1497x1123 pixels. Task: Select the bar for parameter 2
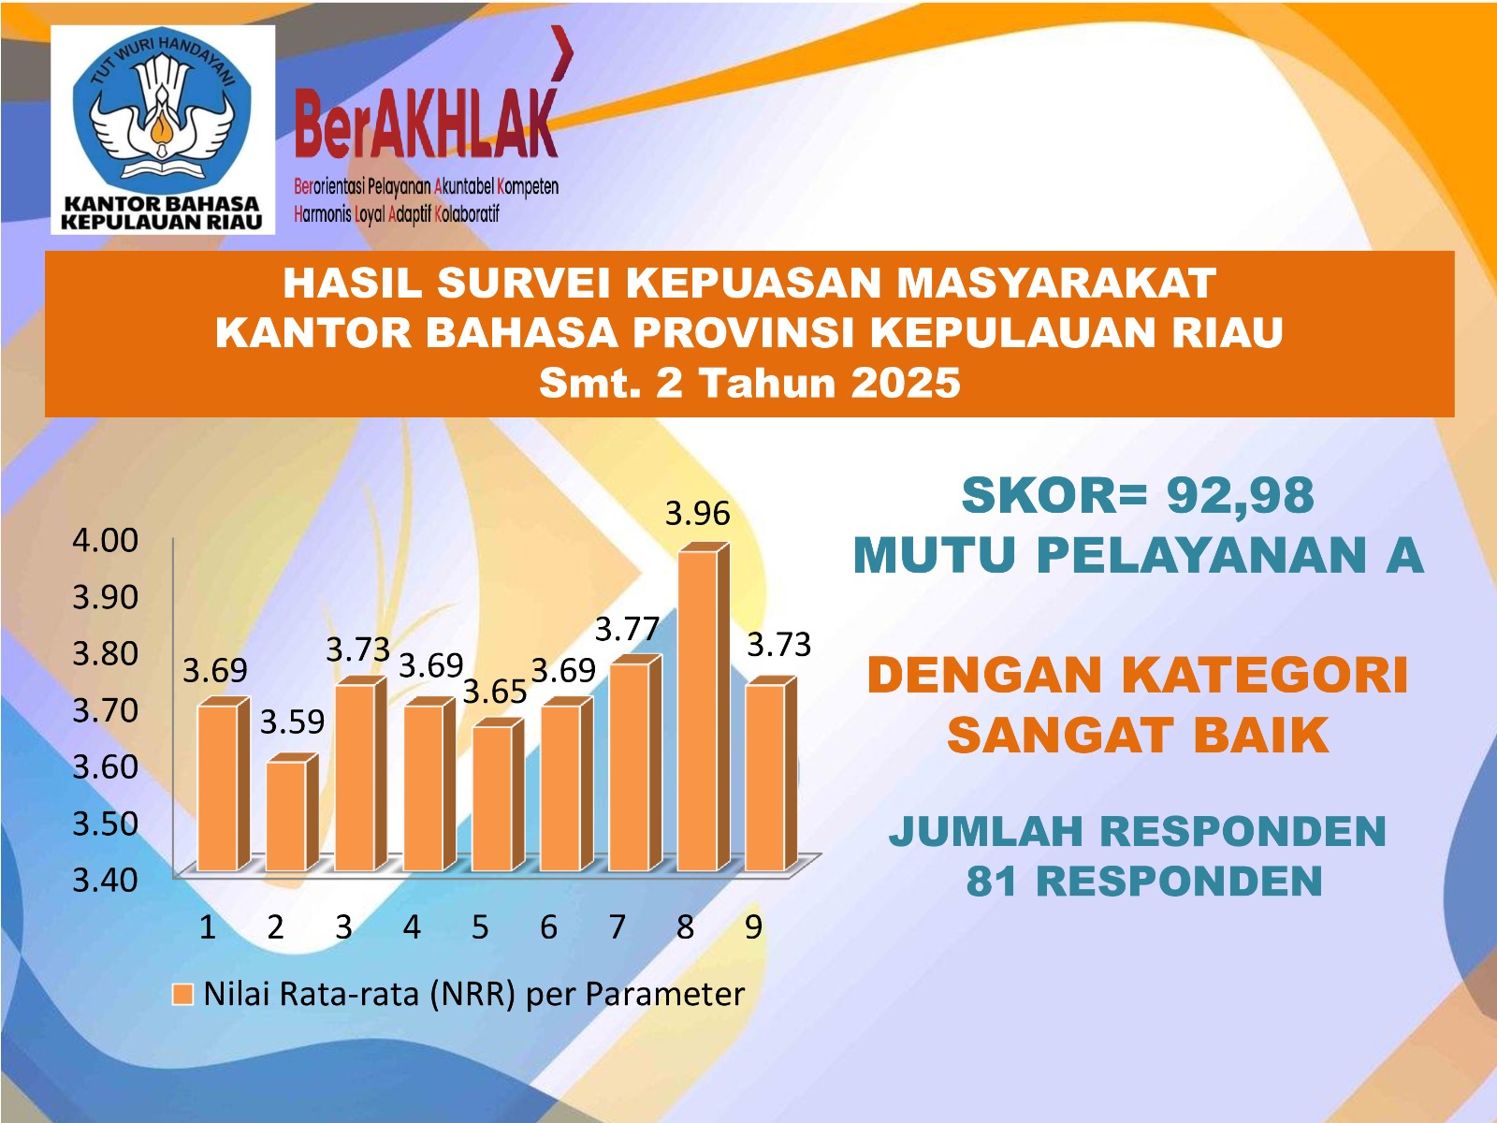pyautogui.click(x=292, y=812)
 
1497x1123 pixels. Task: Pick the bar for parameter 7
pyautogui.click(x=635, y=763)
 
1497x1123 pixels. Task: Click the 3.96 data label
pyautogui.click(x=698, y=514)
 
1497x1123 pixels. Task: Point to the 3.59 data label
pyautogui.click(x=293, y=722)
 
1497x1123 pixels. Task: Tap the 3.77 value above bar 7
pyautogui.click(x=628, y=629)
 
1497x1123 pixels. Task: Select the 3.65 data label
pyautogui.click(x=495, y=693)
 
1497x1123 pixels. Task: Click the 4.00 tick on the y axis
pyautogui.click(x=106, y=540)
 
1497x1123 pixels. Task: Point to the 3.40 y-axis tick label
pyautogui.click(x=106, y=881)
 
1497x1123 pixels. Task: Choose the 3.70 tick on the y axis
pyautogui.click(x=106, y=710)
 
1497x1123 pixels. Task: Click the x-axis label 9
pyautogui.click(x=753, y=927)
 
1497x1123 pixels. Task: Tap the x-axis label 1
pyautogui.click(x=208, y=927)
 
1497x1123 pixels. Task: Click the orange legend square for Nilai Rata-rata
pyautogui.click(x=182, y=995)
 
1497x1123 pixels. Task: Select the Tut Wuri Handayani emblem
pyautogui.click(x=162, y=111)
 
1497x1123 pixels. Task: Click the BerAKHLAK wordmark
pyautogui.click(x=427, y=123)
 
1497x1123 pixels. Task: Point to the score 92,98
pyautogui.click(x=1240, y=496)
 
